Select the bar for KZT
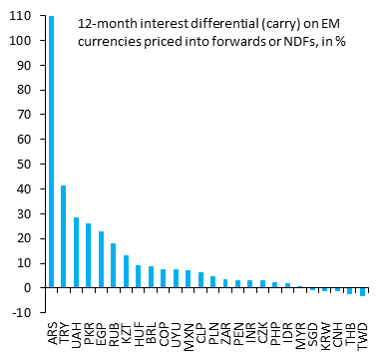126,271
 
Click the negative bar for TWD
363,292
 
